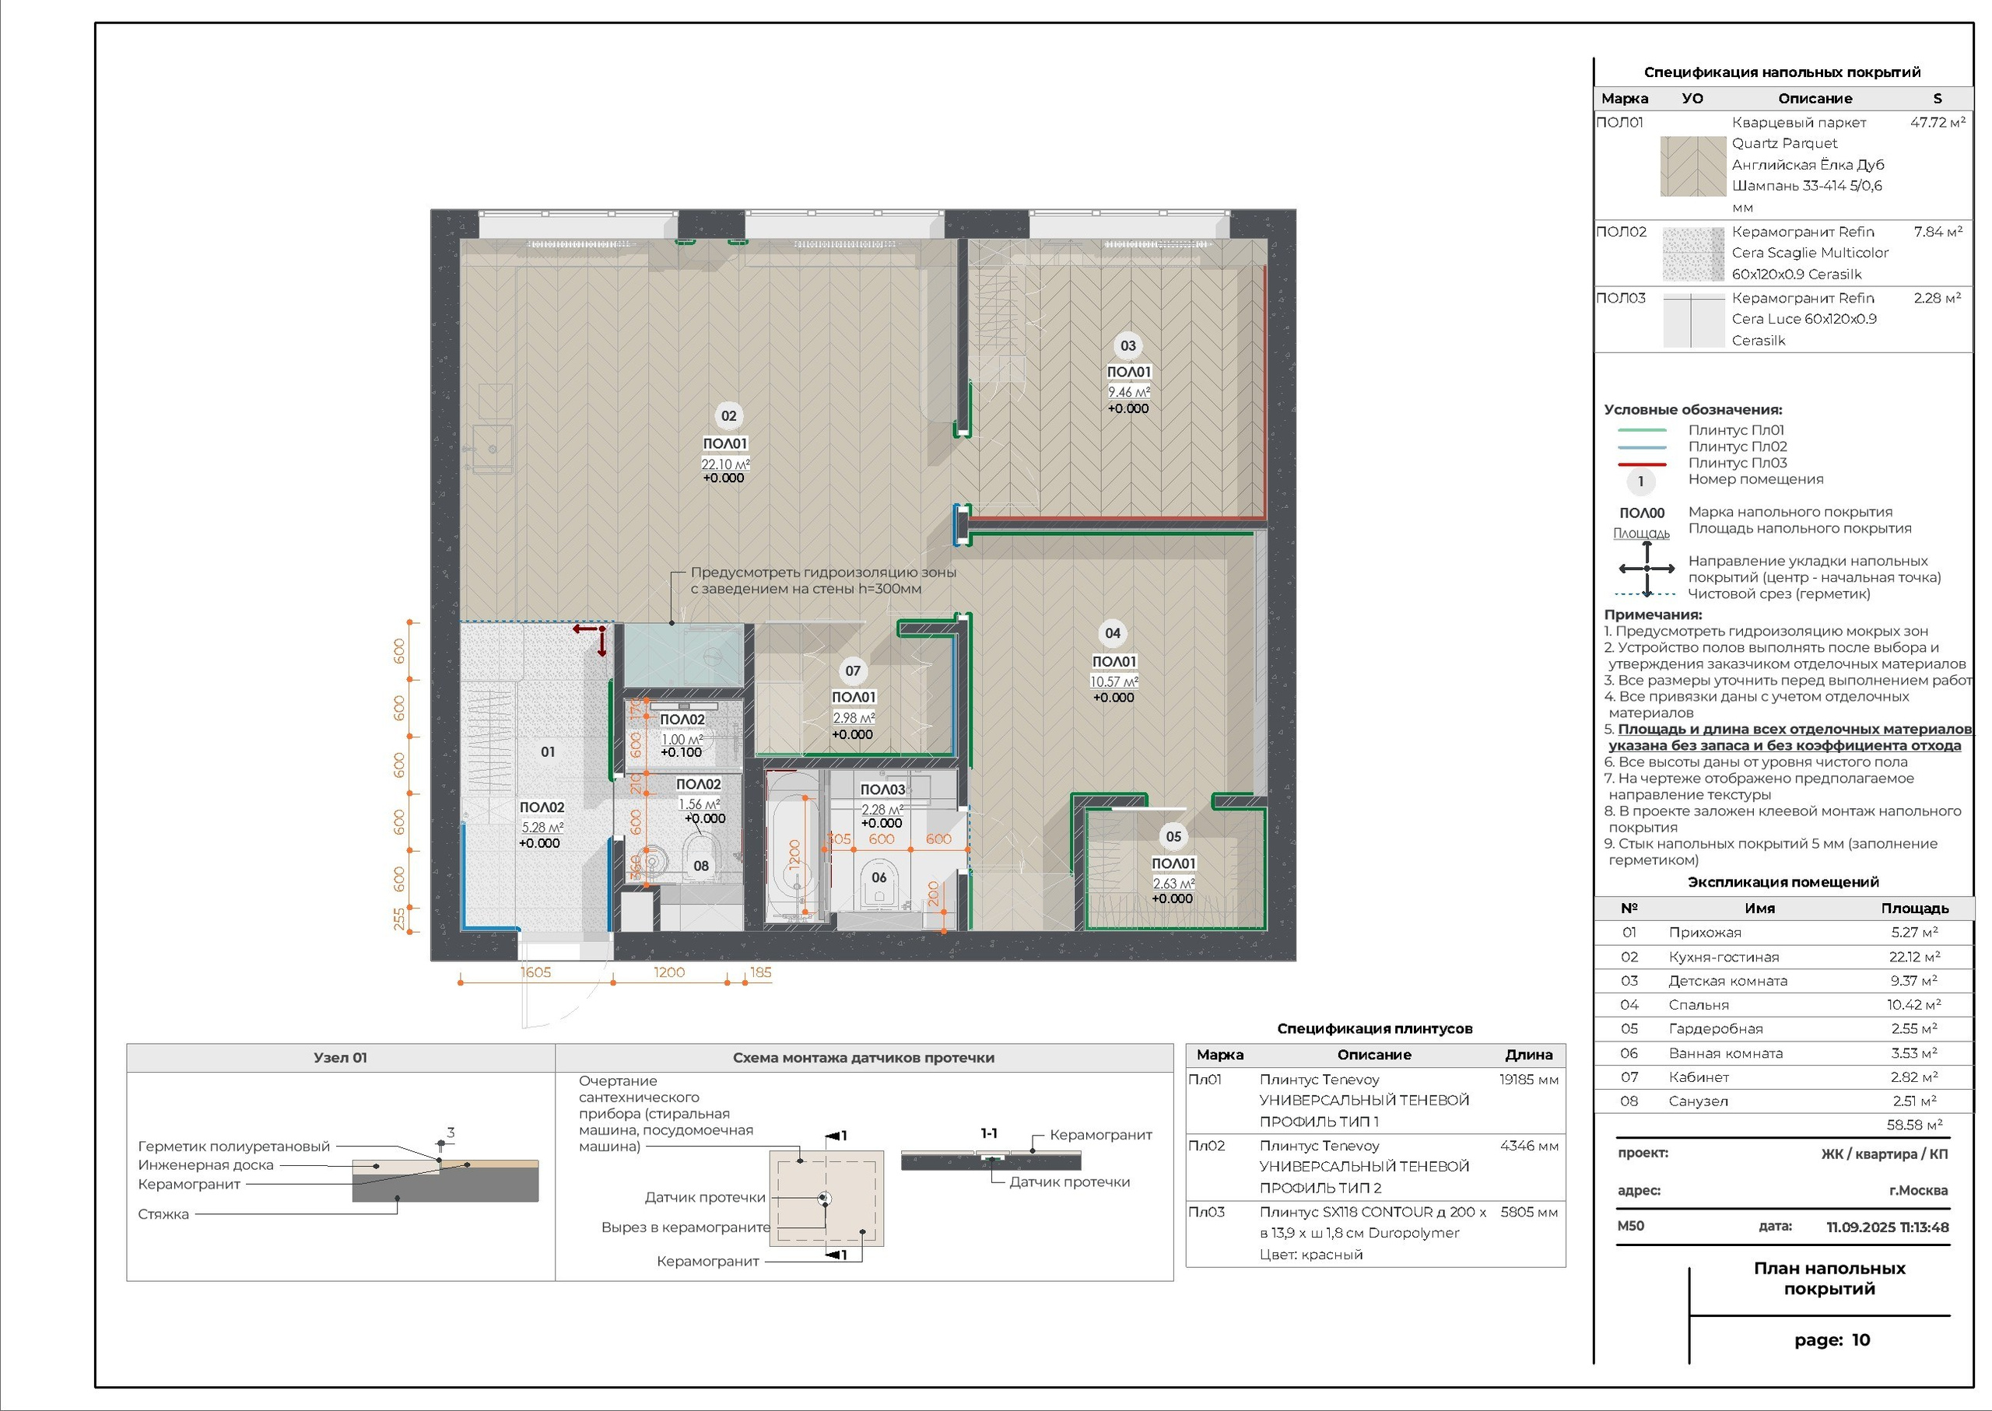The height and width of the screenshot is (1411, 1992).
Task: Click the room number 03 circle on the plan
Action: pyautogui.click(x=1128, y=346)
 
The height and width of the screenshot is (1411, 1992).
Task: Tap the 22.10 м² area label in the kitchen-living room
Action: pyautogui.click(x=725, y=464)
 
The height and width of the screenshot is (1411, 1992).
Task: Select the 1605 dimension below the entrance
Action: pyautogui.click(x=535, y=972)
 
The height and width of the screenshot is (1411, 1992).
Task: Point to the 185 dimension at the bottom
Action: pyautogui.click(x=760, y=972)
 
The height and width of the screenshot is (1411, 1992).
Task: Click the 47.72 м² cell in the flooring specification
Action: pyautogui.click(x=1938, y=122)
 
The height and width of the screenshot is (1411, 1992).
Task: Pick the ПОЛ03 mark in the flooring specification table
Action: pyautogui.click(x=1621, y=298)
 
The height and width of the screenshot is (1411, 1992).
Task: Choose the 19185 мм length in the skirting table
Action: pyautogui.click(x=1529, y=1080)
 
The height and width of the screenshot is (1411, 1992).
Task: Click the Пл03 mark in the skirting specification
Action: pyautogui.click(x=1206, y=1212)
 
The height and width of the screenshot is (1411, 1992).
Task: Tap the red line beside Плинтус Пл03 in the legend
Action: pyautogui.click(x=1641, y=464)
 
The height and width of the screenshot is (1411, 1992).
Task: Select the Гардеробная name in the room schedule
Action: pyautogui.click(x=1716, y=1029)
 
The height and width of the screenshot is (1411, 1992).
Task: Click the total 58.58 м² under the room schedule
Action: pyautogui.click(x=1915, y=1124)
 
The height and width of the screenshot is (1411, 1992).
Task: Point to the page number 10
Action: pyautogui.click(x=1860, y=1339)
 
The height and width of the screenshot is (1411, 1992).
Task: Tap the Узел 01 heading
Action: pyautogui.click(x=341, y=1057)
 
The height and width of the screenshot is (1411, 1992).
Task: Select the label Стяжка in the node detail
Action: pyautogui.click(x=163, y=1213)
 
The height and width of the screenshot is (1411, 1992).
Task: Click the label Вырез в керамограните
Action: pyautogui.click(x=686, y=1227)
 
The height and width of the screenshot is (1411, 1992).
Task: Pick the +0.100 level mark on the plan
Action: pyautogui.click(x=682, y=752)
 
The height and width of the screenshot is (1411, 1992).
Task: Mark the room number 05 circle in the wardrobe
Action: pyautogui.click(x=1173, y=836)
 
